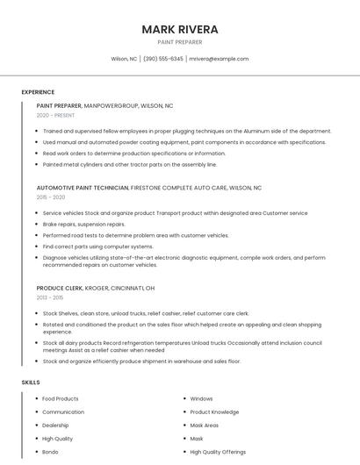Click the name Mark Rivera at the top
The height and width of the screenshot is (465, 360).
[179, 29]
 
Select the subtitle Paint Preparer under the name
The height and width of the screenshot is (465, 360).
[179, 42]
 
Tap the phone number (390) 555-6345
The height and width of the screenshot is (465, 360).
[163, 59]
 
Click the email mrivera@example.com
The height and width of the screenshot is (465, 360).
[220, 59]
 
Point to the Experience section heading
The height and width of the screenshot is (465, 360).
[38, 92]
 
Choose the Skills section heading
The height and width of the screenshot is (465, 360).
[31, 383]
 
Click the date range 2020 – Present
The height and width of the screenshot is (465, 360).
[55, 116]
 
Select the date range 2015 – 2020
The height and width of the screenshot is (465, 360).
[51, 197]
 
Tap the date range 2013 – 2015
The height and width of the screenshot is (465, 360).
[50, 297]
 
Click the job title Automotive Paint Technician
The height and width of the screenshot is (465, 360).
[83, 188]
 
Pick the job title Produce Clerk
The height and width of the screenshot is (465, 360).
[60, 288]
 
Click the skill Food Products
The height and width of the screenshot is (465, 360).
[61, 399]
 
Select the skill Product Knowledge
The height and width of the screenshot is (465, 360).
[214, 412]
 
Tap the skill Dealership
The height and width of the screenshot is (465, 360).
[57, 426]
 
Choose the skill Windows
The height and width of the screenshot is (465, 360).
[201, 399]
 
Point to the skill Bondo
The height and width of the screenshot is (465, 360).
[51, 452]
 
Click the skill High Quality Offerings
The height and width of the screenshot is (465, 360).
[219, 452]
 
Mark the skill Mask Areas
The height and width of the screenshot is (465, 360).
[205, 426]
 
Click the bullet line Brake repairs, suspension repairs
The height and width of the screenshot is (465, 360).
[83, 225]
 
